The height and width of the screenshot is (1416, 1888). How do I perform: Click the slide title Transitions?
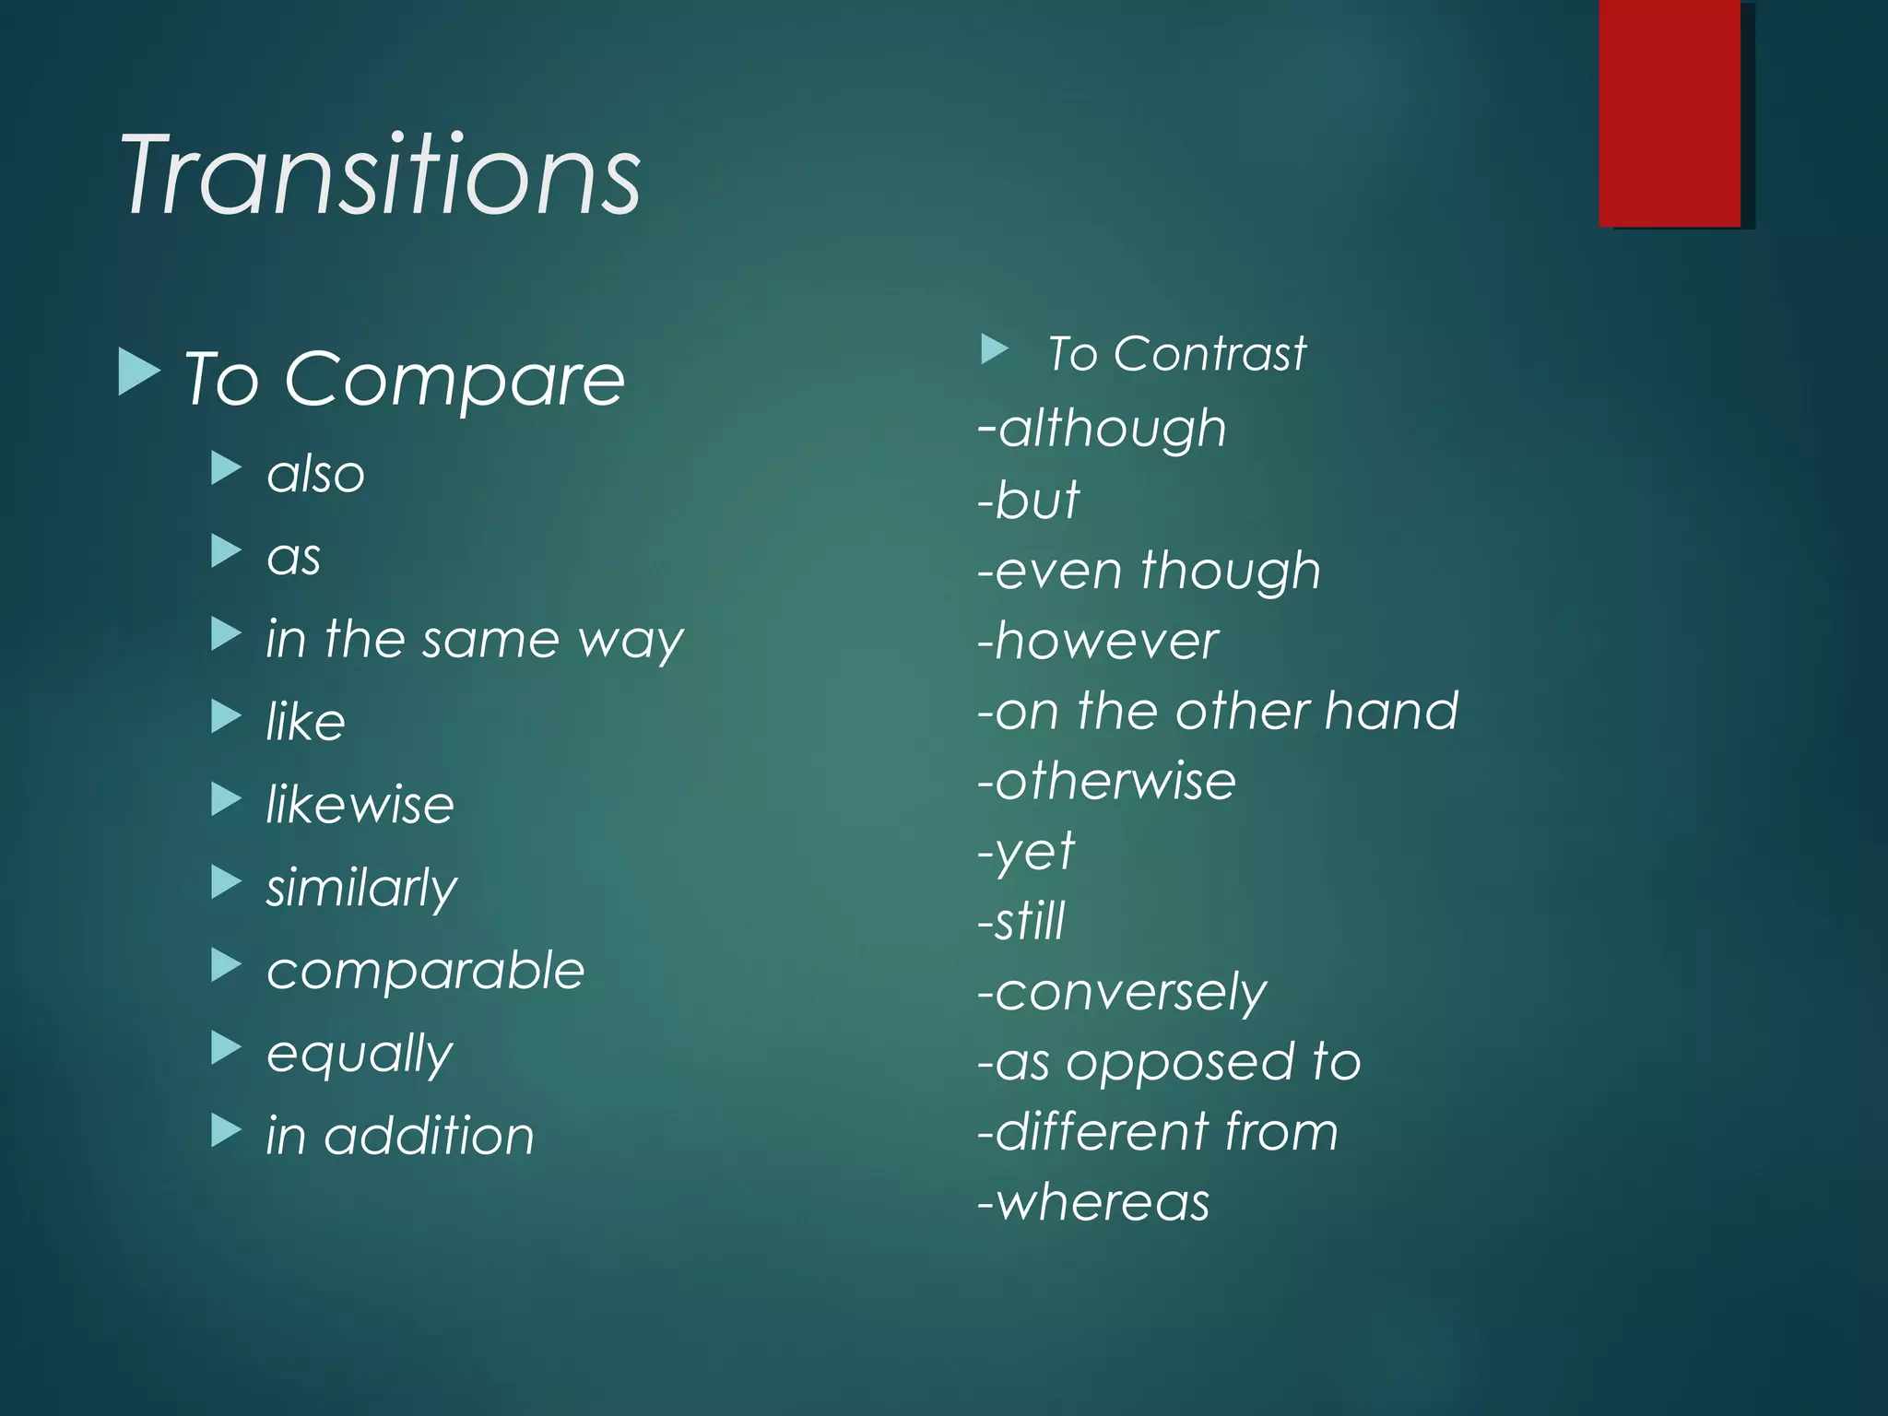click(380, 175)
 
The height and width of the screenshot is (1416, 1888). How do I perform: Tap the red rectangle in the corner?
click(1670, 112)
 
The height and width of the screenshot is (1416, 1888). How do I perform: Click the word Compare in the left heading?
click(454, 380)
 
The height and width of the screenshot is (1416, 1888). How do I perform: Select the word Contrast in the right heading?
click(1209, 354)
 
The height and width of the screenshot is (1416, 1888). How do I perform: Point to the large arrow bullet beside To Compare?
click(139, 372)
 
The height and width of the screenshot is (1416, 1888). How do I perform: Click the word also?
click(316, 475)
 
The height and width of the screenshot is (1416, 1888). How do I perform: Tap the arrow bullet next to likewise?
click(225, 799)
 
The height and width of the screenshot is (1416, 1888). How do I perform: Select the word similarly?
click(361, 888)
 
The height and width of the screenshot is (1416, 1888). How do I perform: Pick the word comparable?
click(425, 971)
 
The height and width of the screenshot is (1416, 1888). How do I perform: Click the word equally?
click(360, 1054)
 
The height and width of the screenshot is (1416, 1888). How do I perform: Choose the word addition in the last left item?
click(429, 1136)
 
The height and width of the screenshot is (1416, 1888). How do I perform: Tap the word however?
click(1106, 642)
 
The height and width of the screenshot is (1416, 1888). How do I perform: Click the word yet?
click(1035, 851)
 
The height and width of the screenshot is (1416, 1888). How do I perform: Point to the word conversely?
click(1131, 993)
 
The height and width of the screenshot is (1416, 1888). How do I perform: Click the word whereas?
click(1103, 1203)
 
